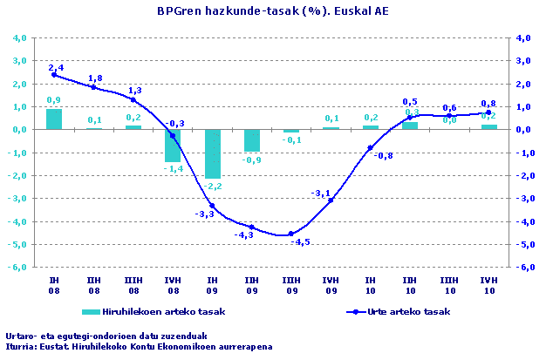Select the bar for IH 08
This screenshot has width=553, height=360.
(54, 119)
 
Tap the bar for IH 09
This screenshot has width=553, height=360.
(212, 153)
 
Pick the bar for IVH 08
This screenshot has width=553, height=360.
(173, 146)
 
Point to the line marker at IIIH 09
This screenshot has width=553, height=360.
(291, 234)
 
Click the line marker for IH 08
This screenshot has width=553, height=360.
(54, 75)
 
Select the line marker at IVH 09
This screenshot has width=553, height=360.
(331, 200)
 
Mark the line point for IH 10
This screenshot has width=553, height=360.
(370, 148)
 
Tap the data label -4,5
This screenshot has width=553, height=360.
(301, 242)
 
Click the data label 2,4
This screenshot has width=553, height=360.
(56, 66)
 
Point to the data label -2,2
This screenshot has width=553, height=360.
(212, 187)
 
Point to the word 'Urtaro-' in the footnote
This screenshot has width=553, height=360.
(24, 336)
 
